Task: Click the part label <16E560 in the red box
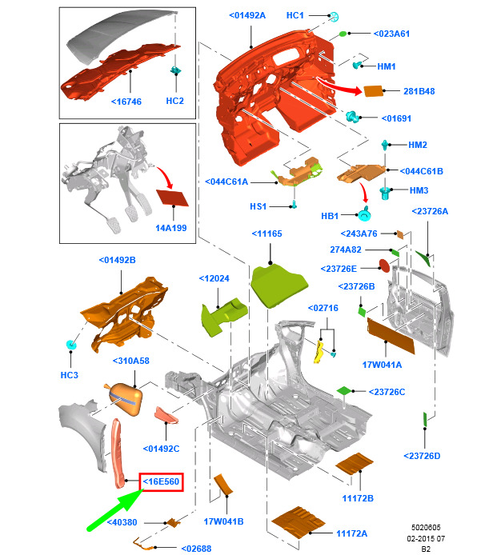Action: (162, 481)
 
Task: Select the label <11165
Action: (267, 234)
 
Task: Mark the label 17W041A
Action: (383, 365)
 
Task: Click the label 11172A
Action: (351, 533)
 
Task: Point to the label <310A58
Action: (131, 361)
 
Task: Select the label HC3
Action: (70, 375)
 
